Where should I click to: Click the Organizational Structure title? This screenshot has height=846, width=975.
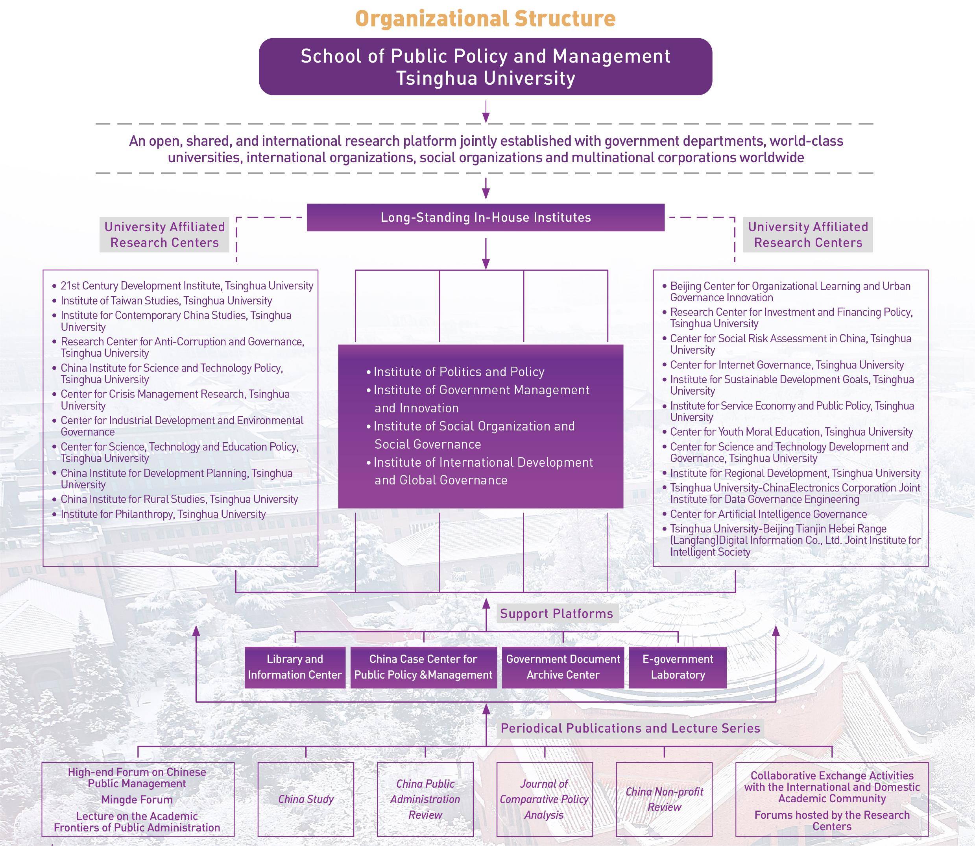(x=486, y=19)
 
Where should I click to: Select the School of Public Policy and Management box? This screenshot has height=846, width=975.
(x=486, y=67)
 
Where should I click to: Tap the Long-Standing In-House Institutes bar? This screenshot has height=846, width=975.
(x=486, y=218)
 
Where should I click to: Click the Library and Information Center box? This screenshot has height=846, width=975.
(x=295, y=667)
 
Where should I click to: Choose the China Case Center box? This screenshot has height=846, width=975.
(x=423, y=667)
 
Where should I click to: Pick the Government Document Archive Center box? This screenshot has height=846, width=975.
(x=563, y=667)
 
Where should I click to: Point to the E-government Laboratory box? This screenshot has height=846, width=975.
(x=678, y=667)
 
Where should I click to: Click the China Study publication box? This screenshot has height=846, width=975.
(x=306, y=799)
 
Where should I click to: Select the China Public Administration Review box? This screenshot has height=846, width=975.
(x=425, y=799)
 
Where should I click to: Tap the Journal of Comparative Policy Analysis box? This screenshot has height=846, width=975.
(x=544, y=799)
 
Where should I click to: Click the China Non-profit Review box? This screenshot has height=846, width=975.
(x=664, y=799)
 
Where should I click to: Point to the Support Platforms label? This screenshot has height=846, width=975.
(x=557, y=614)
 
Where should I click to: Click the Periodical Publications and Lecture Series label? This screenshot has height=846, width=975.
(x=630, y=728)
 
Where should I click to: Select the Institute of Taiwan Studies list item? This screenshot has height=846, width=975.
(x=166, y=301)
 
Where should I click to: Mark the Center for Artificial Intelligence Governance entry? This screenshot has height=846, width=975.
(x=768, y=514)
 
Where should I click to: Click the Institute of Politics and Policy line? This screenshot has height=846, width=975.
(x=459, y=372)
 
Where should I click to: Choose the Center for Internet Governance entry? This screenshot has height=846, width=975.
(x=787, y=365)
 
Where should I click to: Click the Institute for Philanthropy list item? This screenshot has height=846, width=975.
(x=163, y=514)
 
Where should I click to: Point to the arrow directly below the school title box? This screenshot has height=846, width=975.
(x=486, y=112)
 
